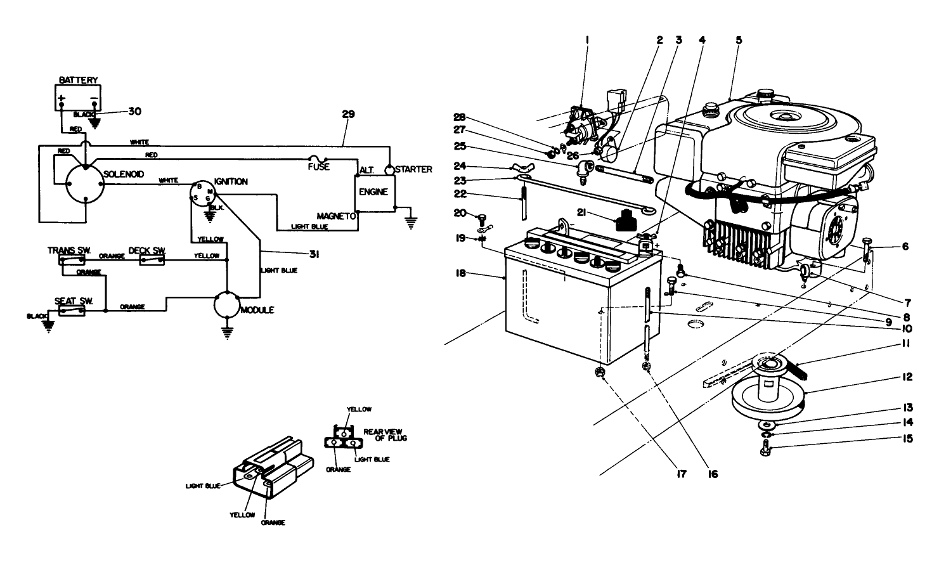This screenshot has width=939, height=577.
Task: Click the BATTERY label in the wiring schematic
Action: pyautogui.click(x=79, y=80)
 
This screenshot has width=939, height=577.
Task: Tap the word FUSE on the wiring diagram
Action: pyautogui.click(x=318, y=167)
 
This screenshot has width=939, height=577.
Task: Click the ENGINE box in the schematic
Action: pyautogui.click(x=373, y=192)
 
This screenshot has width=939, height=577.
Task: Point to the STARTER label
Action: pyautogui.click(x=413, y=169)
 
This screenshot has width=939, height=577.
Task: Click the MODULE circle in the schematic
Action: pyautogui.click(x=226, y=306)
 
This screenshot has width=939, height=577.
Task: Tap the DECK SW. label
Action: pyautogui.click(x=147, y=250)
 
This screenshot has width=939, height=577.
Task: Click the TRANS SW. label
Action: pyautogui.click(x=69, y=250)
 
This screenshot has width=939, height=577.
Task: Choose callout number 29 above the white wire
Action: pyautogui.click(x=347, y=115)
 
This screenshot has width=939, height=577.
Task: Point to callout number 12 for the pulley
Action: pyautogui.click(x=907, y=377)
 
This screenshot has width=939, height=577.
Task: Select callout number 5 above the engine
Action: pyautogui.click(x=739, y=39)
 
